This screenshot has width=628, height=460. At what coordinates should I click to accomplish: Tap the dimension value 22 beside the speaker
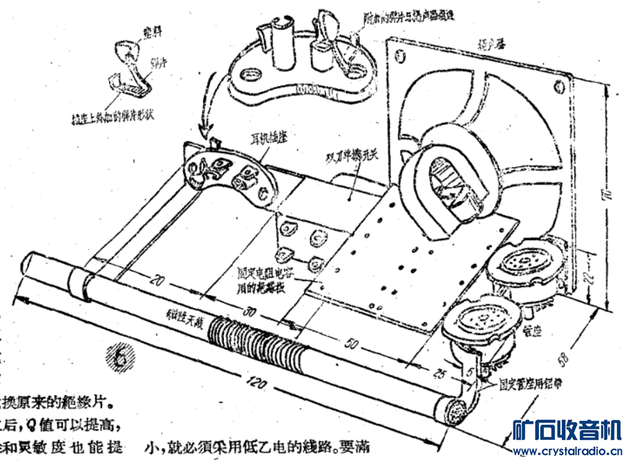click(x=586, y=278)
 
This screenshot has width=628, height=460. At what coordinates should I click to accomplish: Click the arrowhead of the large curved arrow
click(x=204, y=131)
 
